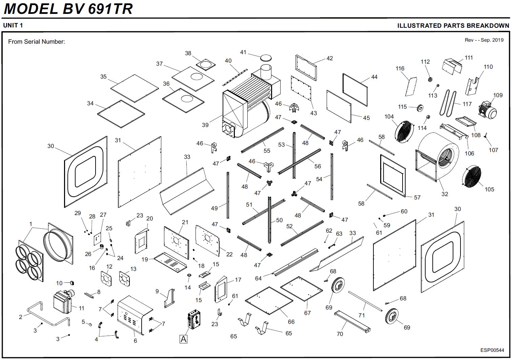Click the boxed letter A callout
pos(183,339)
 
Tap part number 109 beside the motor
pos(498,95)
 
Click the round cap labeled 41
pos(266,57)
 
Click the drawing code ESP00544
pos(492,350)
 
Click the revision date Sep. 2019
pos(492,40)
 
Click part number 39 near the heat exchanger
pos(205,125)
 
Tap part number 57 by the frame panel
pos(417,197)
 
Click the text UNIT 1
pos(13,25)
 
